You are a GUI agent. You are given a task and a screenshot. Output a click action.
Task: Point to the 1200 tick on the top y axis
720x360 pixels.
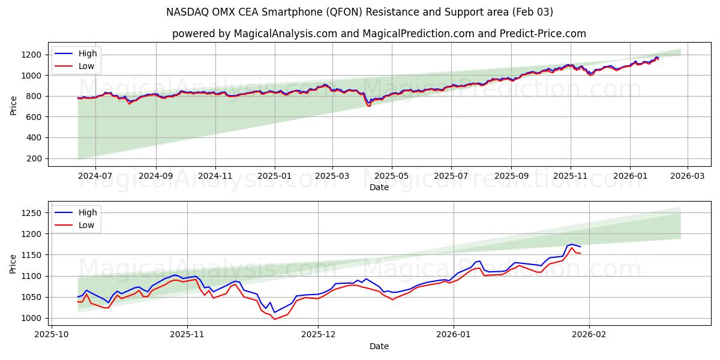(x=32, y=55)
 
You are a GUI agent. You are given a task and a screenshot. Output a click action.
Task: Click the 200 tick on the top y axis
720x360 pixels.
(x=34, y=158)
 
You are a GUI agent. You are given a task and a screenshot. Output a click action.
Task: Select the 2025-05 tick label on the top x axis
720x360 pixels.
(x=392, y=176)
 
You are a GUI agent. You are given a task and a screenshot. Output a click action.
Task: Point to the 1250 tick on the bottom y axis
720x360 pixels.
(x=32, y=213)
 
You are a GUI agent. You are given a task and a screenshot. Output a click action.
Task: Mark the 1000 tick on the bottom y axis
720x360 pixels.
(x=32, y=318)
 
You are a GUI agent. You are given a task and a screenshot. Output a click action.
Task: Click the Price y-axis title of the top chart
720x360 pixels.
(x=14, y=106)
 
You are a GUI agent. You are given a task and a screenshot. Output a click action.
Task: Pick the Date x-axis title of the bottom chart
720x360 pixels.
(x=379, y=346)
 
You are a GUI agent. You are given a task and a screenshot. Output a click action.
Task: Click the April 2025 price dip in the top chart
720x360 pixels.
(x=368, y=104)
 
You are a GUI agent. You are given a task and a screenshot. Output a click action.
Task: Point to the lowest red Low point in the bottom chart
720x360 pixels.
(x=275, y=319)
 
